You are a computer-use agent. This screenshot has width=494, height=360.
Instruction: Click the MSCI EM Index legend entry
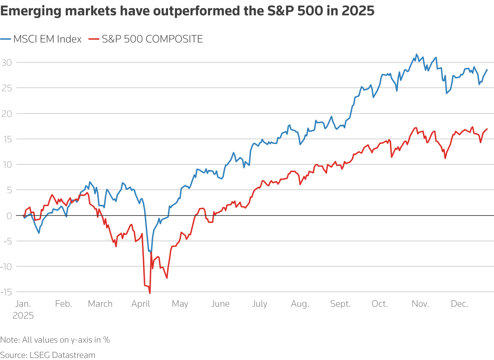pos(47,39)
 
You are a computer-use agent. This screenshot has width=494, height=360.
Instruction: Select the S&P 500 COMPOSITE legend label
pos(152,39)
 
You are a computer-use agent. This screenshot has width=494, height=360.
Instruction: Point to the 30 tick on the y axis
pos(7,63)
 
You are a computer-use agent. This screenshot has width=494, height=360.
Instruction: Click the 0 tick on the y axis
pos(9,216)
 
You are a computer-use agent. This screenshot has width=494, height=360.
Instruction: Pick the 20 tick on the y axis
pos(7,114)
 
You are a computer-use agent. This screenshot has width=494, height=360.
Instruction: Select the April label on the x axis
pos(141,304)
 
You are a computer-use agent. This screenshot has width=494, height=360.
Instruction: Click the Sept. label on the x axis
pos(340,304)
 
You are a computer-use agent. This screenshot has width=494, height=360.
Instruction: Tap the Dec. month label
pos(459,304)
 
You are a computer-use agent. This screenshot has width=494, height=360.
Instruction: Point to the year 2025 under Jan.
pos(23,316)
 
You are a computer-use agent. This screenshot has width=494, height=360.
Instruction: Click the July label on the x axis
pos(260,304)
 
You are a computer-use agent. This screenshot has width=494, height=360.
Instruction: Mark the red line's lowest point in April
pos(150,293)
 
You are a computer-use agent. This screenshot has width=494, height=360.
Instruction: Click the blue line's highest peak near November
pos(416,54)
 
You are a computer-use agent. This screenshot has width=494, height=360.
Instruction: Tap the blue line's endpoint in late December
pos(487,70)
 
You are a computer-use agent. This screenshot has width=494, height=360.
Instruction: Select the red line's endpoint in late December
pos(487,129)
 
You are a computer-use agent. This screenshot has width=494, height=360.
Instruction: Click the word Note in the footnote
pos(10,340)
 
